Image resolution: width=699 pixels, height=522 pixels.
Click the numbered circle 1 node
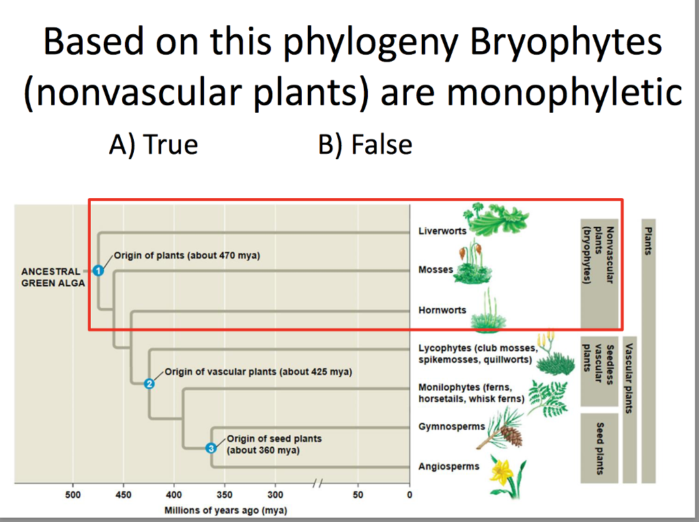98,271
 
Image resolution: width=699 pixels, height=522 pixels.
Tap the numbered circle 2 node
149,383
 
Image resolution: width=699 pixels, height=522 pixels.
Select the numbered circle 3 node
211,448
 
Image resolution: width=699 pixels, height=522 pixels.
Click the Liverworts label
442,231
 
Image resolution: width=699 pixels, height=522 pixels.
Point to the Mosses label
436,270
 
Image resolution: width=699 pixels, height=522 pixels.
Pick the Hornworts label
442,310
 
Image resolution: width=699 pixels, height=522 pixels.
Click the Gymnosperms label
451,426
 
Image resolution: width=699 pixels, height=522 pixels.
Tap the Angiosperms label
448,467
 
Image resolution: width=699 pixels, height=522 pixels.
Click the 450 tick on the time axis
123,495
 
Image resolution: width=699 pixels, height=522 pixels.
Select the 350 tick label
225,495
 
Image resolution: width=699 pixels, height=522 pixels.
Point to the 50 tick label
358,495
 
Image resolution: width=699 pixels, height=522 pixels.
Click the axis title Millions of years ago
225,510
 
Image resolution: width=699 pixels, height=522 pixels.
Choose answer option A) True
154,145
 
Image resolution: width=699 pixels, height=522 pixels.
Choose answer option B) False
365,145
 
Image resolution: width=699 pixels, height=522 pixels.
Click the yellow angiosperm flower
506,471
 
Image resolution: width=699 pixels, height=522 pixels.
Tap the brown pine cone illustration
510,435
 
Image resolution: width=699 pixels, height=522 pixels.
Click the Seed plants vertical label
600,448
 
